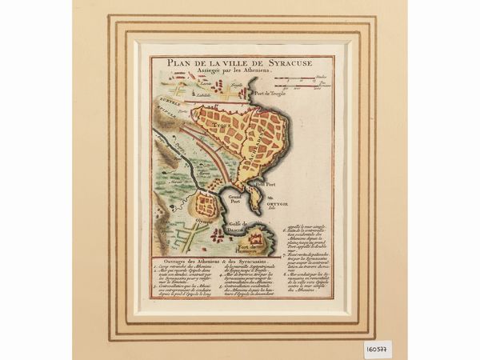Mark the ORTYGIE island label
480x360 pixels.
click(281, 202)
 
